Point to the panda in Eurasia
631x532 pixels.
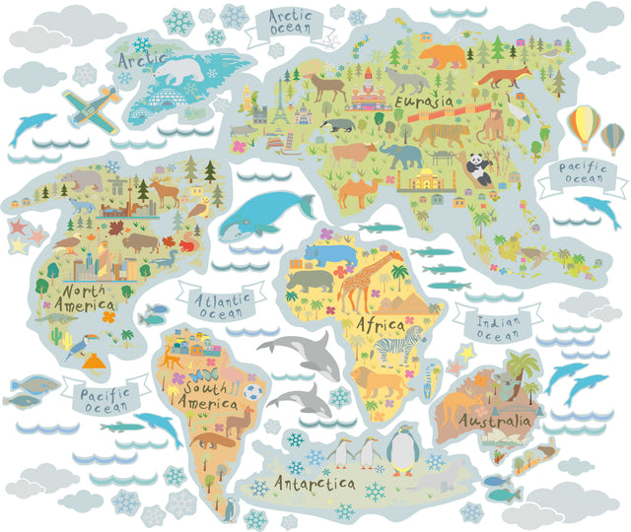coord(478,167)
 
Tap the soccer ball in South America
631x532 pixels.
coord(254,392)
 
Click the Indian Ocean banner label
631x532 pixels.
coord(492,326)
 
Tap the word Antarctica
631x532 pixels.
coord(315,484)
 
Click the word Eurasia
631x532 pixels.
coord(423,102)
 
